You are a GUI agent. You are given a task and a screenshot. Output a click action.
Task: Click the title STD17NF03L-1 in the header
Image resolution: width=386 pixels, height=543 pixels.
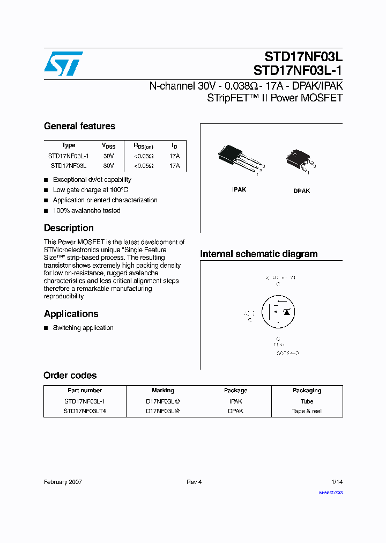pyautogui.click(x=298, y=70)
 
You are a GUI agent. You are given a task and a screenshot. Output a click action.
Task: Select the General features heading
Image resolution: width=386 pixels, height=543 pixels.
pyautogui.click(x=79, y=126)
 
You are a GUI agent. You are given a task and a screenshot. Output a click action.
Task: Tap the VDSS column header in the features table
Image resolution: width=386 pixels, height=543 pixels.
pyautogui.click(x=108, y=145)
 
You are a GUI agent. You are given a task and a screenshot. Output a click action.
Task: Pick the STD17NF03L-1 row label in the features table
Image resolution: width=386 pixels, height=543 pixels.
pyautogui.click(x=69, y=156)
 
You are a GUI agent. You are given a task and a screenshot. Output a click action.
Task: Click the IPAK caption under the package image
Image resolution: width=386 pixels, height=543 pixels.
pyautogui.click(x=239, y=190)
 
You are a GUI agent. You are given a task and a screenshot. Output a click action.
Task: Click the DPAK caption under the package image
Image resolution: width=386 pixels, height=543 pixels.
pyautogui.click(x=301, y=191)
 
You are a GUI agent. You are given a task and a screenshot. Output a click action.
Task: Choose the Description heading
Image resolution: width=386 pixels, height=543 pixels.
pyautogui.click(x=69, y=228)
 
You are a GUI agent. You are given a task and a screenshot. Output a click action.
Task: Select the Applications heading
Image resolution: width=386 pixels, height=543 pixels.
pyautogui.click(x=71, y=314)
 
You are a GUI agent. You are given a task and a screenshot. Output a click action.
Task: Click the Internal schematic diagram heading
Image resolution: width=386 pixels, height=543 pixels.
pyautogui.click(x=258, y=254)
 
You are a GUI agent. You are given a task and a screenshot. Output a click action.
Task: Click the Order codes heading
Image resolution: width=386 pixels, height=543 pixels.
pyautogui.click(x=70, y=376)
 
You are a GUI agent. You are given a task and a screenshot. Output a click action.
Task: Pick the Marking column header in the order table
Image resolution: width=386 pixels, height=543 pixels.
pyautogui.click(x=163, y=391)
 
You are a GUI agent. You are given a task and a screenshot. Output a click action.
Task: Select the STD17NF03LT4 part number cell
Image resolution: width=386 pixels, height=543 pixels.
pyautogui.click(x=85, y=411)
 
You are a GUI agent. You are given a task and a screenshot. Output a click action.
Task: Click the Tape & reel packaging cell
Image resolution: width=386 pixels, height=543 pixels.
pyautogui.click(x=307, y=411)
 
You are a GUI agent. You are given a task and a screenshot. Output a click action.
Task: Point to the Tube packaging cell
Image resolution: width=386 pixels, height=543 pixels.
pyautogui.click(x=307, y=401)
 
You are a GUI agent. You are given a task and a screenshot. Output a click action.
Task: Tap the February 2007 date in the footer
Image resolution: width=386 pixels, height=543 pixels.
pyautogui.click(x=63, y=482)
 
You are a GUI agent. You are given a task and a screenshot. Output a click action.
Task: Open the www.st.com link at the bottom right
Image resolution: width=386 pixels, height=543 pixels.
pyautogui.click(x=330, y=492)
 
